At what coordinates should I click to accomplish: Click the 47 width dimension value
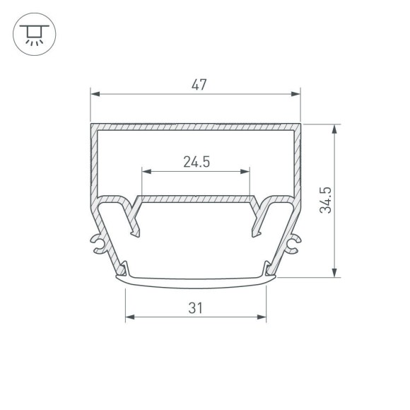pyautogui.click(x=199, y=86)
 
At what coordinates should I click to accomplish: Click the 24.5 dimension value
pyautogui.click(x=196, y=162)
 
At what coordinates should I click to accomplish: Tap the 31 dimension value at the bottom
pyautogui.click(x=196, y=308)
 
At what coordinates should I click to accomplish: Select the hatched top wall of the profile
pyautogui.click(x=196, y=128)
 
